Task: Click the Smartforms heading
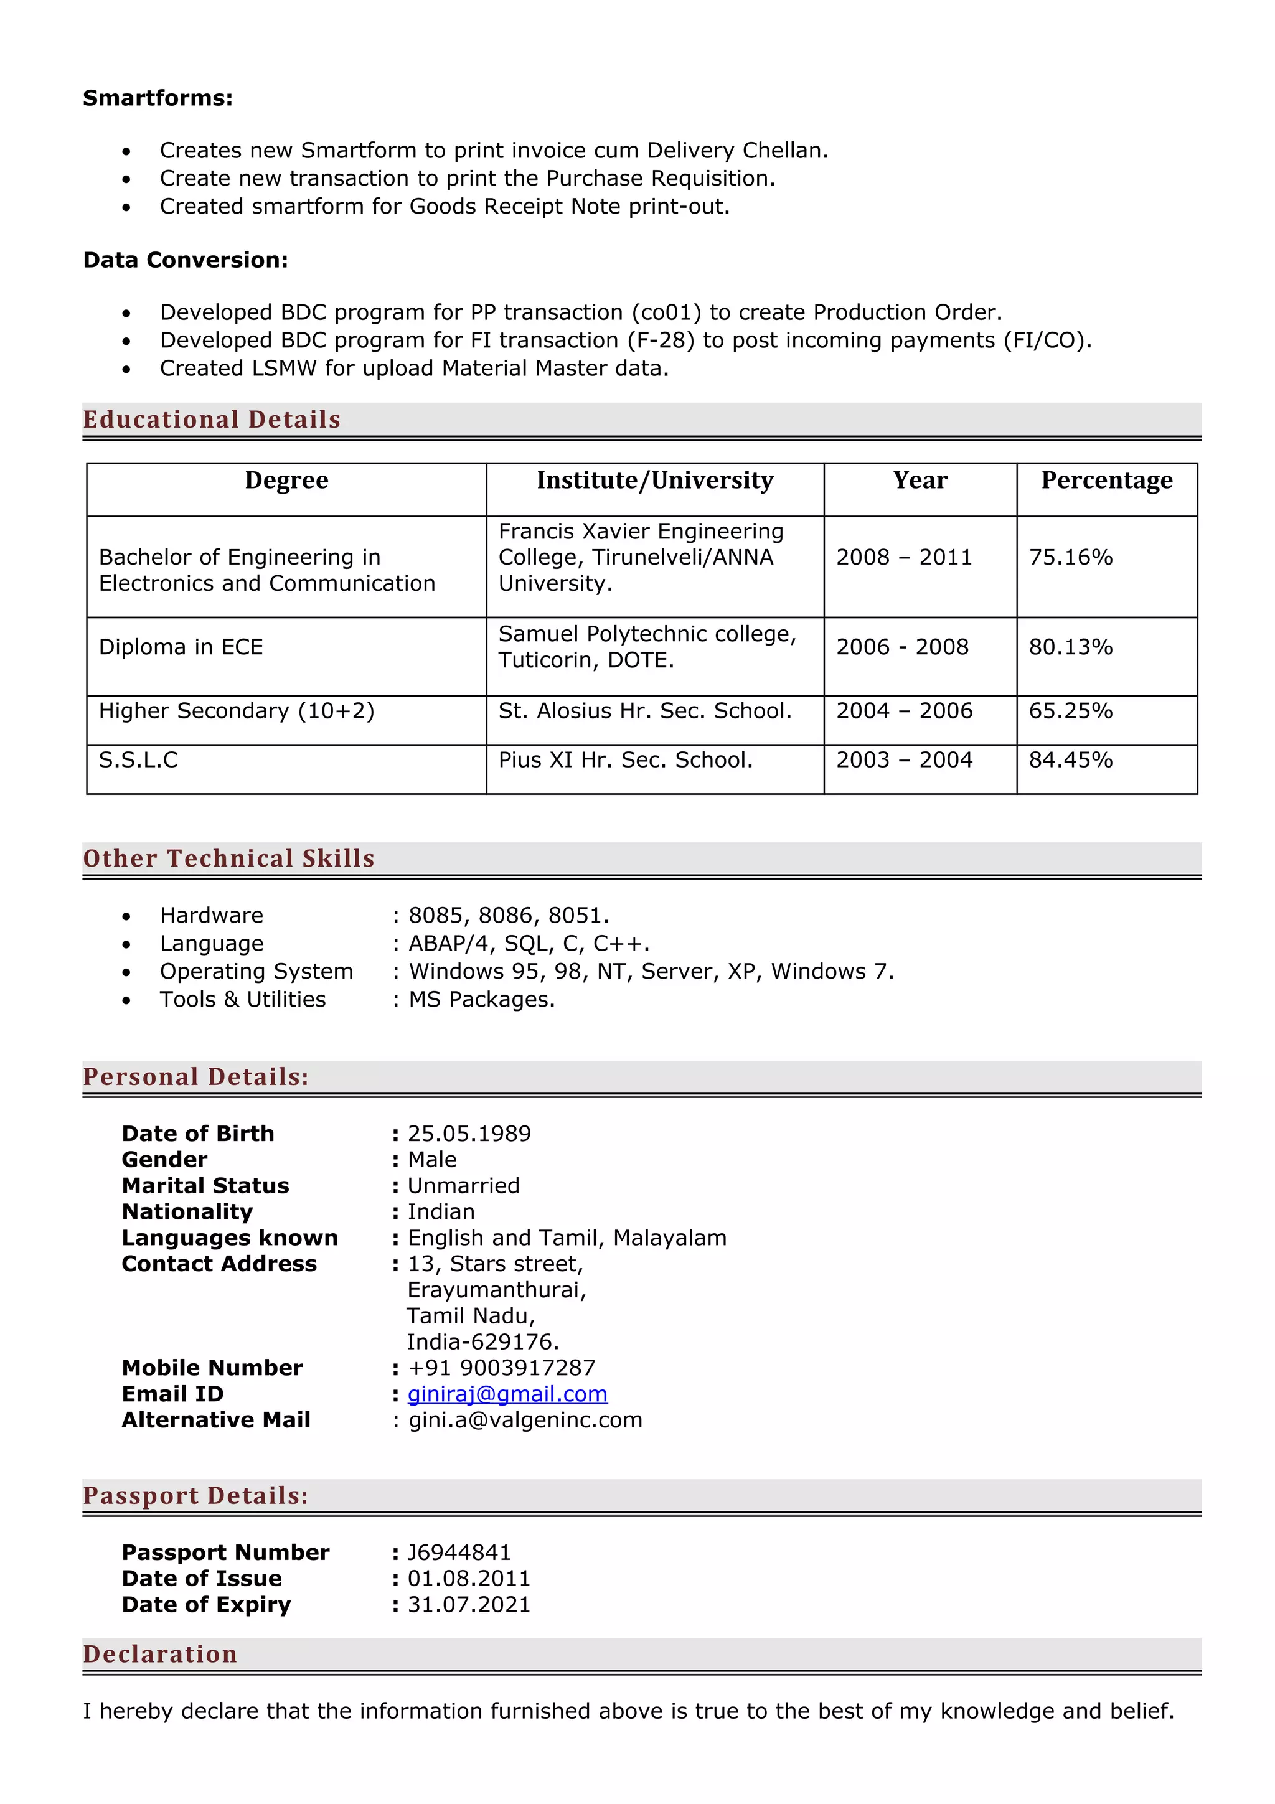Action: pos(157,98)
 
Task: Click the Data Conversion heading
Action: pos(186,260)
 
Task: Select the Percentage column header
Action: pos(1106,480)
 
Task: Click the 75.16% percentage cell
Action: pos(1070,557)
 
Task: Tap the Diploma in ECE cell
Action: pos(181,647)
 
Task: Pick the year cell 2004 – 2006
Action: pos(903,710)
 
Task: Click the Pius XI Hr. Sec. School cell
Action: pos(625,760)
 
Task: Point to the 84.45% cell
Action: pos(1070,760)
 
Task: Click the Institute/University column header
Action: pos(654,480)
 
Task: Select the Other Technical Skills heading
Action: pos(228,858)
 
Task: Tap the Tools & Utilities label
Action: pos(243,1000)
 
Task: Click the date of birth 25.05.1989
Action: pos(469,1133)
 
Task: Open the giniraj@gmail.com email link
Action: pos(507,1393)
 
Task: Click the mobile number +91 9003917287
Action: pos(501,1367)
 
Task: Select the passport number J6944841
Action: pos(459,1552)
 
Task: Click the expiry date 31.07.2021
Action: pos(469,1604)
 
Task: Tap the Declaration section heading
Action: pos(160,1654)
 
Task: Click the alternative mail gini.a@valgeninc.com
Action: pos(525,1419)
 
